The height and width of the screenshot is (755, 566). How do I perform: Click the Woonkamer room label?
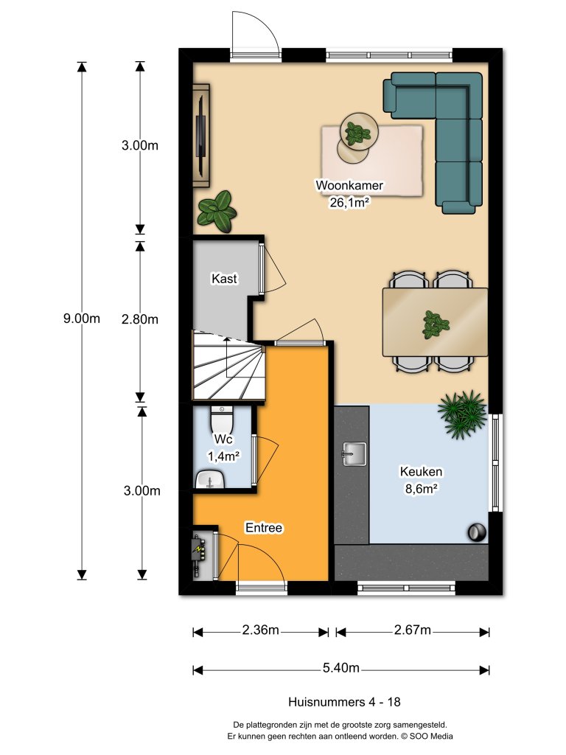click(349, 185)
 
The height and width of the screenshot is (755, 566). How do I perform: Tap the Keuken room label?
click(421, 472)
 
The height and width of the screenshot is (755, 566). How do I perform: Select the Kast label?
click(224, 279)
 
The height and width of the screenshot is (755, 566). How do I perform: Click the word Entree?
click(264, 528)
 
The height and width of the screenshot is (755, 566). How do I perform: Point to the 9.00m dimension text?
click(81, 319)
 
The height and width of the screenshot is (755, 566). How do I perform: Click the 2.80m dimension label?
click(140, 319)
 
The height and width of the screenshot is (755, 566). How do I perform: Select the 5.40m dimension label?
click(340, 669)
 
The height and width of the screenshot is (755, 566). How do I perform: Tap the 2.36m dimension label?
click(260, 630)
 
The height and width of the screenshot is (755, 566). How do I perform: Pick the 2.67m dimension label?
click(412, 630)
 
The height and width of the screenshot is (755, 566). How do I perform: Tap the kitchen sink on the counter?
click(355, 453)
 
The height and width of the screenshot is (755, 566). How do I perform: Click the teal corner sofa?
click(442, 133)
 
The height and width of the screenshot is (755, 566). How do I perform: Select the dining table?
click(435, 321)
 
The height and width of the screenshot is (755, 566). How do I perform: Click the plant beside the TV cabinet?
click(216, 210)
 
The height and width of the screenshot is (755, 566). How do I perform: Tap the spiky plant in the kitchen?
click(462, 414)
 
